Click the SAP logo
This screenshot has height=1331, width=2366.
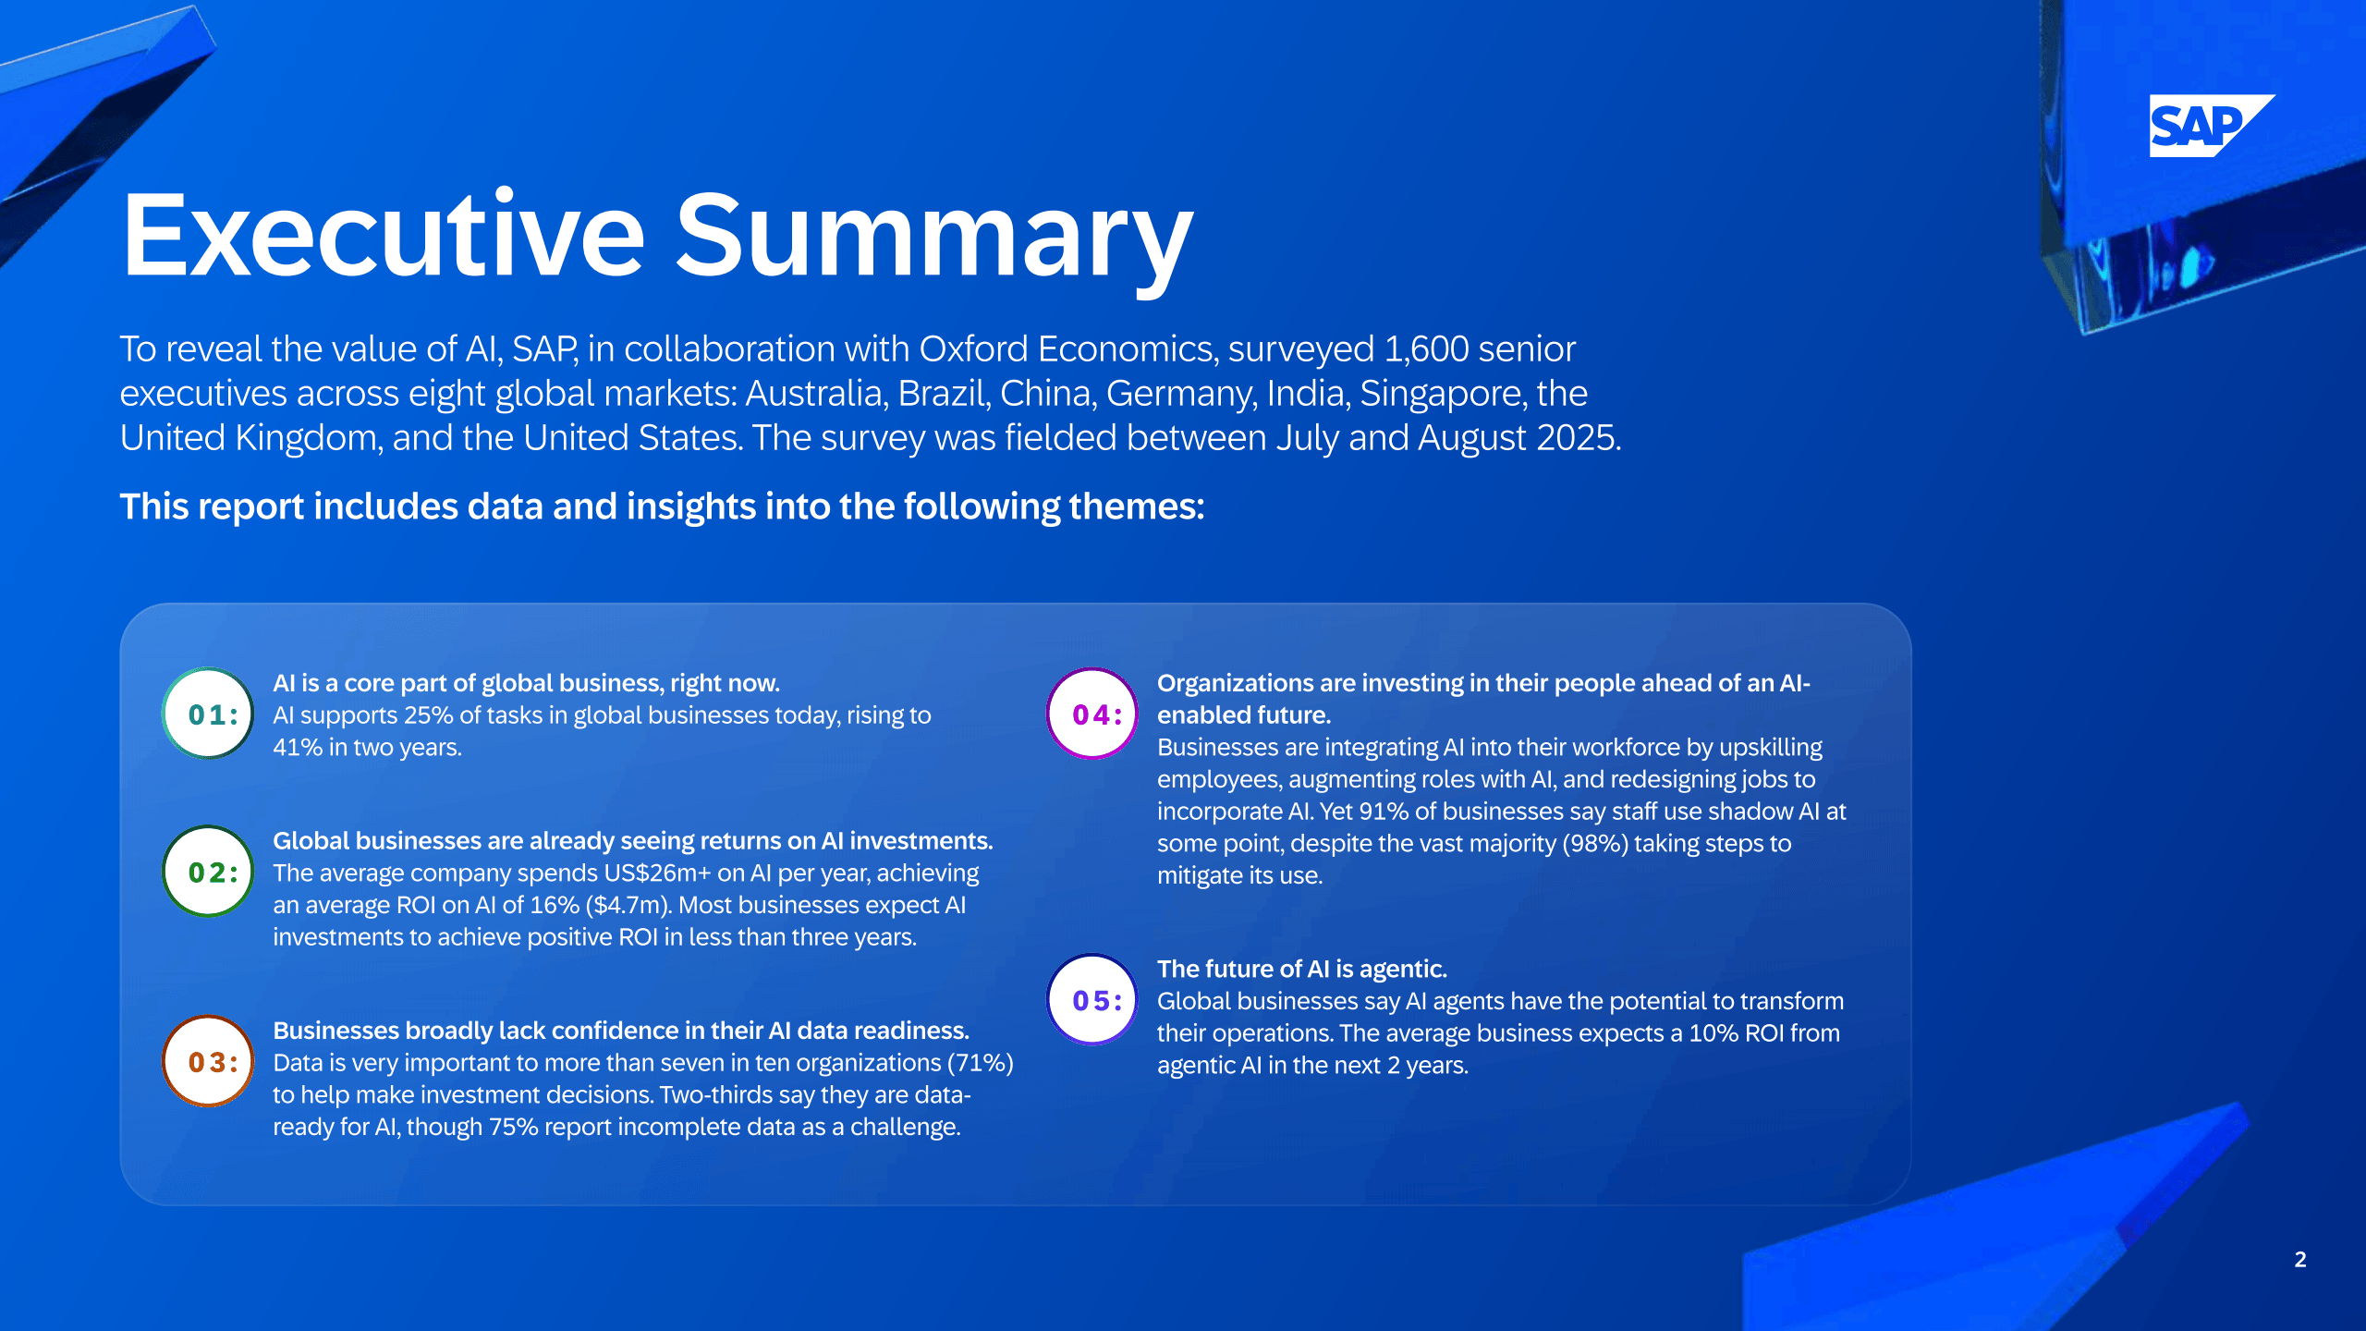tap(2211, 126)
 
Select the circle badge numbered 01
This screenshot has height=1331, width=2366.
tap(208, 714)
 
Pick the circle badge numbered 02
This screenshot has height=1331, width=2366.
tap(208, 872)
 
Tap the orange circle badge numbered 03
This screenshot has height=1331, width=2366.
tap(208, 1061)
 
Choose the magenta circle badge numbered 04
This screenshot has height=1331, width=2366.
tap(1092, 714)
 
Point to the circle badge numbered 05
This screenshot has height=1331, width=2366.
tap(1092, 999)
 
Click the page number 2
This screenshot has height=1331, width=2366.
tap(2300, 1259)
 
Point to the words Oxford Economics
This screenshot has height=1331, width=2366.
tap(1066, 349)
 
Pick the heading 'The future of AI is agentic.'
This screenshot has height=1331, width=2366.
tap(1302, 969)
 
